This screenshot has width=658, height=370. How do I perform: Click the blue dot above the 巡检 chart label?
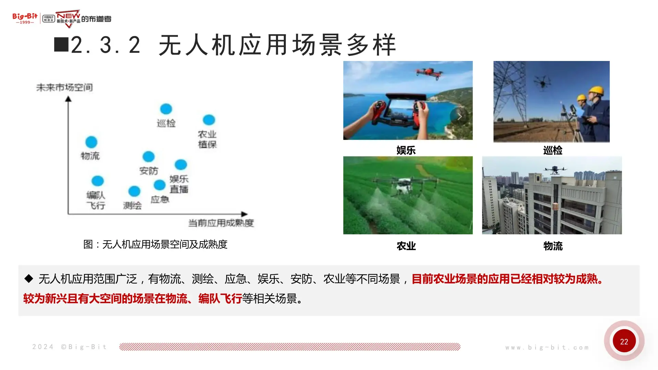pyautogui.click(x=166, y=109)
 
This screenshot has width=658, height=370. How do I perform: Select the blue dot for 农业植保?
pyautogui.click(x=209, y=120)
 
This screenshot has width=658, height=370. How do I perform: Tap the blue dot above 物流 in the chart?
pyautogui.click(x=91, y=142)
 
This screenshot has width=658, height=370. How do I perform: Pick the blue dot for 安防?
pyautogui.click(x=148, y=157)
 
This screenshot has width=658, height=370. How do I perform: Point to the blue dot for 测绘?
pyautogui.click(x=134, y=191)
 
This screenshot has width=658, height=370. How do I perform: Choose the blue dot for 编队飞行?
pyautogui.click(x=98, y=181)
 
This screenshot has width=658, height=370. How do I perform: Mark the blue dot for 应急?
pyautogui.click(x=159, y=185)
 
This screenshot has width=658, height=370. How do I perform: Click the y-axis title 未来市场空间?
pyautogui.click(x=64, y=88)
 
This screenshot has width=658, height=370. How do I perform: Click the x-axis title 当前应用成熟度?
pyautogui.click(x=221, y=223)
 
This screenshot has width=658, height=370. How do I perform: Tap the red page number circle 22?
pyautogui.click(x=624, y=341)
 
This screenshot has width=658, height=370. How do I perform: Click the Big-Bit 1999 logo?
pyautogui.click(x=25, y=18)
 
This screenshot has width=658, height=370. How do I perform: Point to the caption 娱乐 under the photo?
pyautogui.click(x=406, y=150)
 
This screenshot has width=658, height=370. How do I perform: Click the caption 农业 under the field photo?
pyautogui.click(x=406, y=246)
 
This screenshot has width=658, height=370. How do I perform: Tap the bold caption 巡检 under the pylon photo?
pyautogui.click(x=552, y=150)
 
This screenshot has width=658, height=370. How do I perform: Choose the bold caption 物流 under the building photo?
pyautogui.click(x=553, y=246)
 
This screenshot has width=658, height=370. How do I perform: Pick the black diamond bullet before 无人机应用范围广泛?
pyautogui.click(x=29, y=279)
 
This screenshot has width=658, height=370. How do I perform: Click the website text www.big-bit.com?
pyautogui.click(x=547, y=347)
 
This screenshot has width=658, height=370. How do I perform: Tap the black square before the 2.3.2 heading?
pyautogui.click(x=61, y=45)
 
